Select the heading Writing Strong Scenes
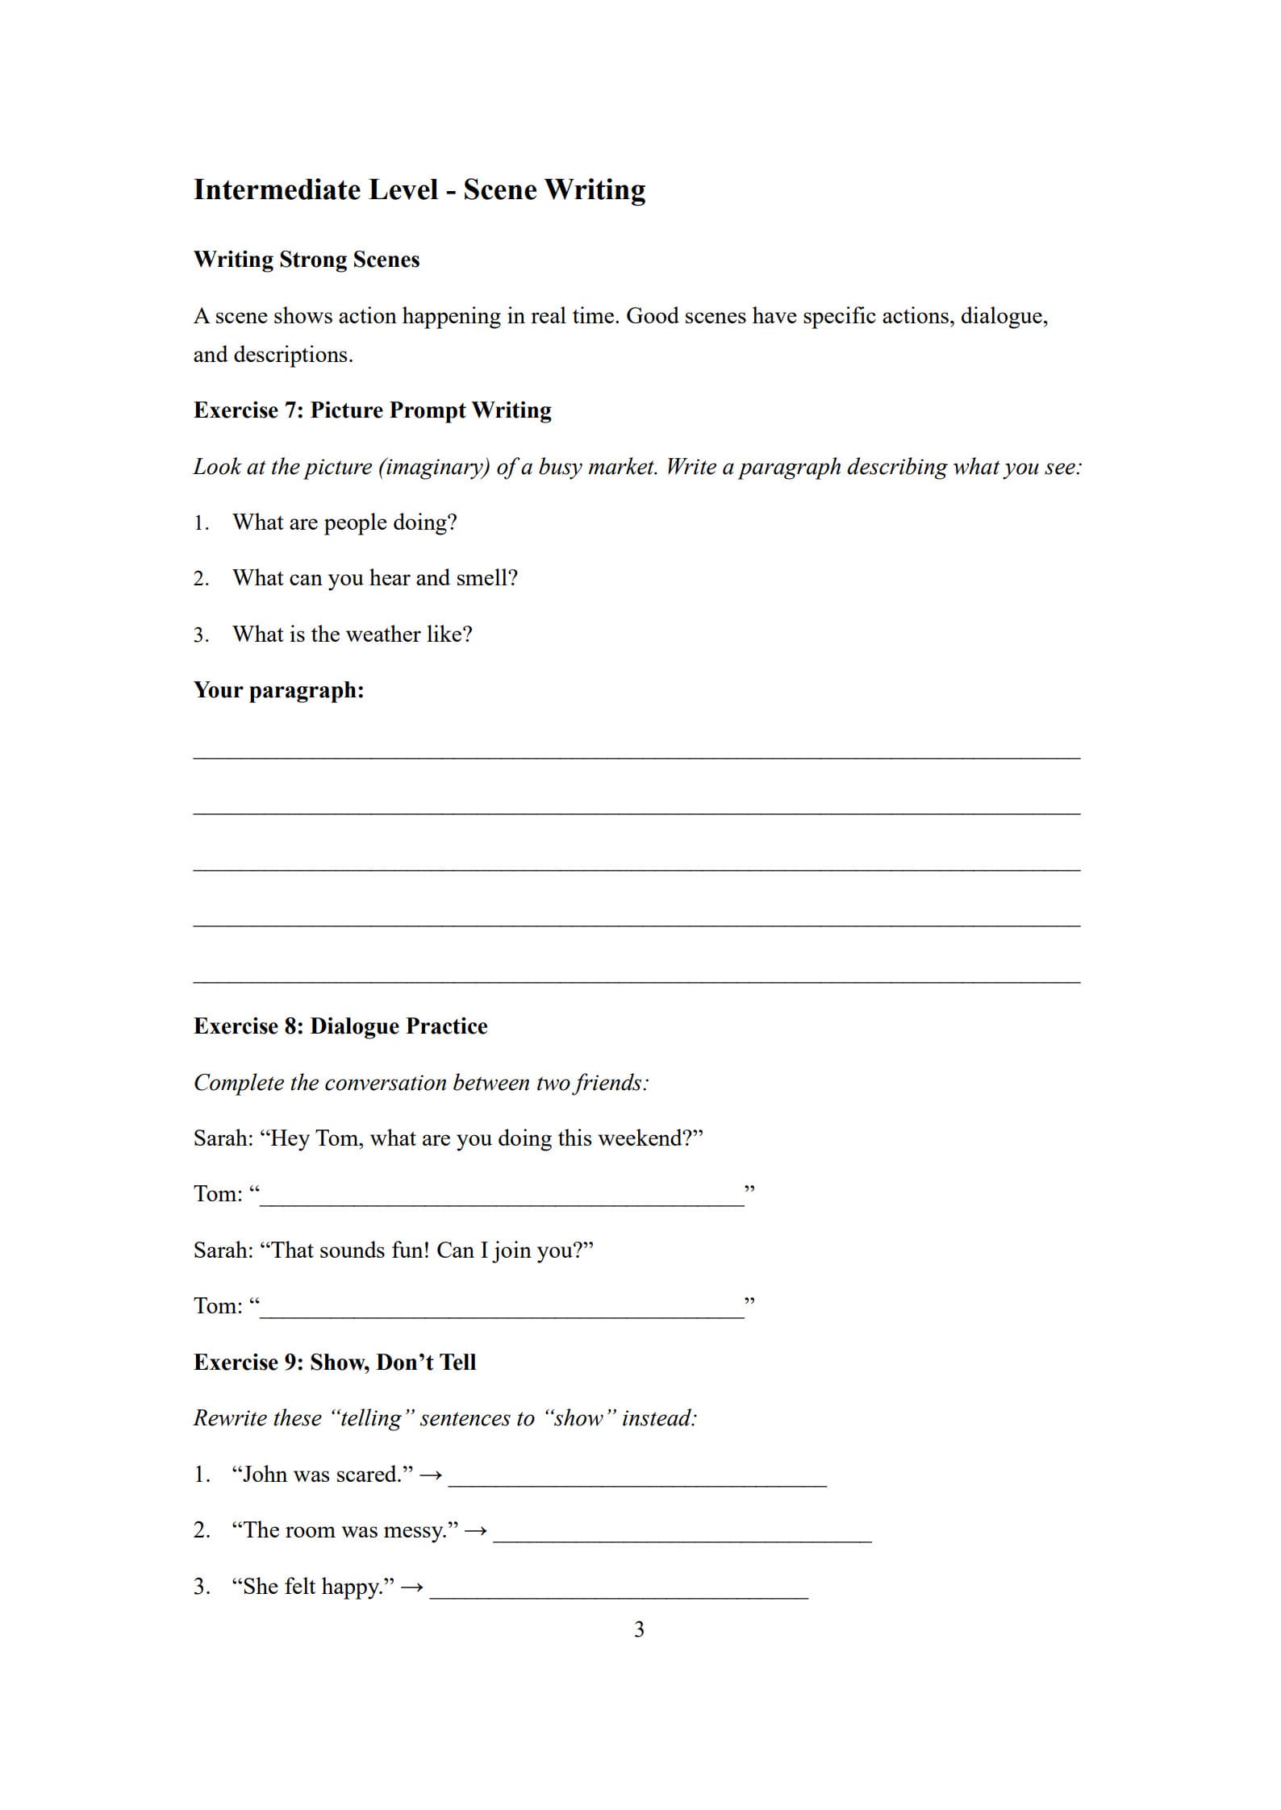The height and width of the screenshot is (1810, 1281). [x=307, y=260]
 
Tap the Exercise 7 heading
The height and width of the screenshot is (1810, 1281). [x=373, y=410]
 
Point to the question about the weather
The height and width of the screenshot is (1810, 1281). [x=353, y=635]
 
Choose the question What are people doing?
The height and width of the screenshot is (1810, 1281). [x=344, y=522]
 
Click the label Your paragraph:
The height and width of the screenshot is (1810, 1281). [x=278, y=690]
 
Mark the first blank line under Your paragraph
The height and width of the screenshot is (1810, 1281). [x=636, y=756]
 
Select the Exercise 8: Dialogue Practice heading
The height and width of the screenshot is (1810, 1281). [x=340, y=1026]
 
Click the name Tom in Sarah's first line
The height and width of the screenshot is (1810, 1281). [x=336, y=1138]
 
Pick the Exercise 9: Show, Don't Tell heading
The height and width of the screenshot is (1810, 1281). [x=335, y=1363]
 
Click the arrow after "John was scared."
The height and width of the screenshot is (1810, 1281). [x=432, y=1475]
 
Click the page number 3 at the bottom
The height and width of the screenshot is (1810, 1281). [x=639, y=1629]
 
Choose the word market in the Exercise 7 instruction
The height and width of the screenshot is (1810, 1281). [x=622, y=467]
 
